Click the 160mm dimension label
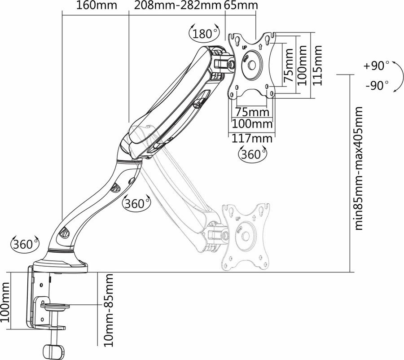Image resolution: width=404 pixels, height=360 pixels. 97,5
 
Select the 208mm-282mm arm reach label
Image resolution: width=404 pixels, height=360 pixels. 178,5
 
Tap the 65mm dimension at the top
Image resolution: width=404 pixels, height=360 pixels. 241,5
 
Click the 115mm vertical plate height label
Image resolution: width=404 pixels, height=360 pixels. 317,66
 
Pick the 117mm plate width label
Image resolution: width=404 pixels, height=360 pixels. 252,138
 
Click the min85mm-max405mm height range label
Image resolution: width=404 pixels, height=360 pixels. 359,168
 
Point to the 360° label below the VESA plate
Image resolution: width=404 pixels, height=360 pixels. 252,154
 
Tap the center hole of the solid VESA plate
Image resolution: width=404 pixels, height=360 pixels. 252,66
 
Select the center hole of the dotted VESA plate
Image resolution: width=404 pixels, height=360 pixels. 245,236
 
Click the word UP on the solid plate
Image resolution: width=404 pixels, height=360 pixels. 245,48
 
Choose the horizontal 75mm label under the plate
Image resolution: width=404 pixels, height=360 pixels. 252,112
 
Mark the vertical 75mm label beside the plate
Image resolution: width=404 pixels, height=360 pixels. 288,66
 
